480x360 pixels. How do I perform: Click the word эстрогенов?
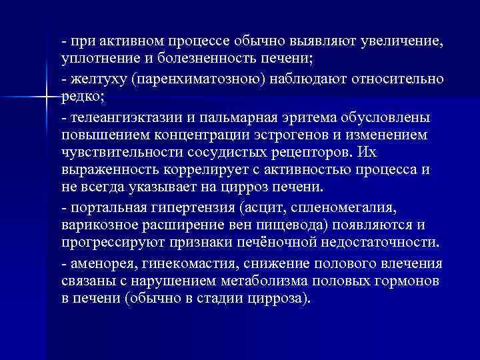pyautogui.click(x=302, y=135)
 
